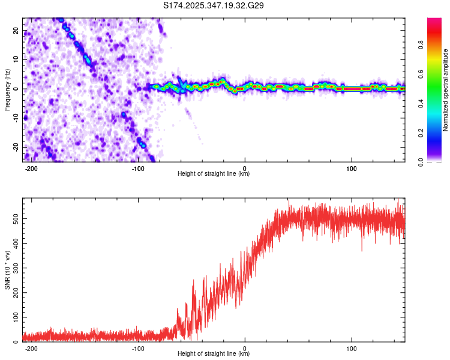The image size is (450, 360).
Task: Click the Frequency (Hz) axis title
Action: pos(7,89)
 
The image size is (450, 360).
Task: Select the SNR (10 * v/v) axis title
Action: pos(7,270)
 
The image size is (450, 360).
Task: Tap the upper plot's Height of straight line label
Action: pos(214,174)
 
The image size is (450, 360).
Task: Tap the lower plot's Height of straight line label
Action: pos(214,354)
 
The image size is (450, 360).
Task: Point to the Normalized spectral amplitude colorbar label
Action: pos(445,90)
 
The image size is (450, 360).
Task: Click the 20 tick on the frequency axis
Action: pos(16,30)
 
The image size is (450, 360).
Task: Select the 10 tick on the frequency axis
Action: pos(16,59)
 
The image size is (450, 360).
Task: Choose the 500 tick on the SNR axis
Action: pos(14,219)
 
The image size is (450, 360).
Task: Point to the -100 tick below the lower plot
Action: pos(138,347)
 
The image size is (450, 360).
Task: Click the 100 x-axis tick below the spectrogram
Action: pos(351,167)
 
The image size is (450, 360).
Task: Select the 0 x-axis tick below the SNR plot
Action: pos(245,347)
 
